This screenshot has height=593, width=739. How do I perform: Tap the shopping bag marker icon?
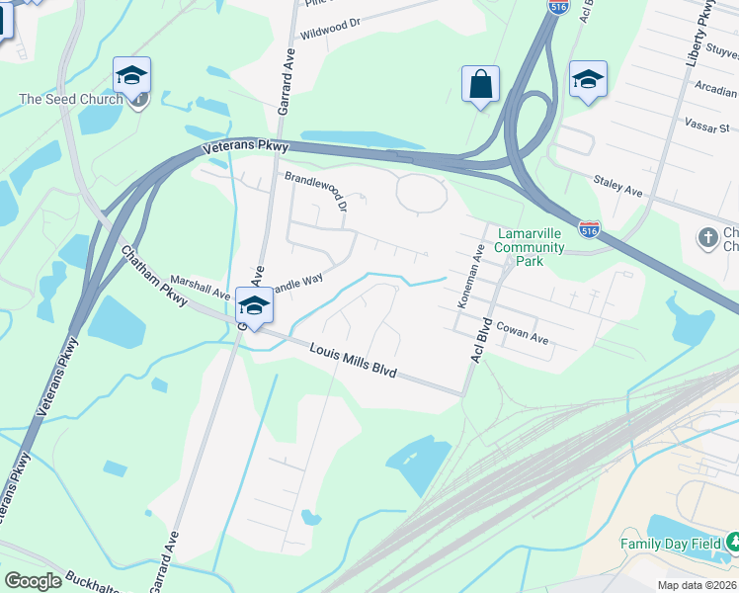pos(480,85)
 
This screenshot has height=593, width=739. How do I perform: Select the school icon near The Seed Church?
pos(131,75)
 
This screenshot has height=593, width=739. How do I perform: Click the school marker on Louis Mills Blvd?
pos(254,306)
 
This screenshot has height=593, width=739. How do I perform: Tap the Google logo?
pos(33,581)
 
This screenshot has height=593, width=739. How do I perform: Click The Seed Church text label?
pos(71,99)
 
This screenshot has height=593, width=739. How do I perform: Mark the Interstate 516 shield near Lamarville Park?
pos(589,230)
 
